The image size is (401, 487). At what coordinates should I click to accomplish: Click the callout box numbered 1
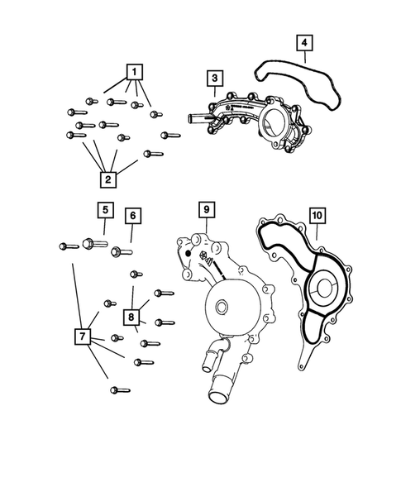pos(131,72)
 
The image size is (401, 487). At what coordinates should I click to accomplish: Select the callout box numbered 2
pos(107,178)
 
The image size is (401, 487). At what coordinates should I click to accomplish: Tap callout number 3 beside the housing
pos(213,79)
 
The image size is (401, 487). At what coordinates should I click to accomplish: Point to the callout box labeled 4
pos(303,43)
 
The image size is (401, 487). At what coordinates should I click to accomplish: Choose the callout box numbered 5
pos(104,210)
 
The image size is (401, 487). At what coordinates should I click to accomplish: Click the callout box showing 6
pos(133,217)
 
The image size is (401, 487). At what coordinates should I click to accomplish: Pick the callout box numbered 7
pos(82,337)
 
